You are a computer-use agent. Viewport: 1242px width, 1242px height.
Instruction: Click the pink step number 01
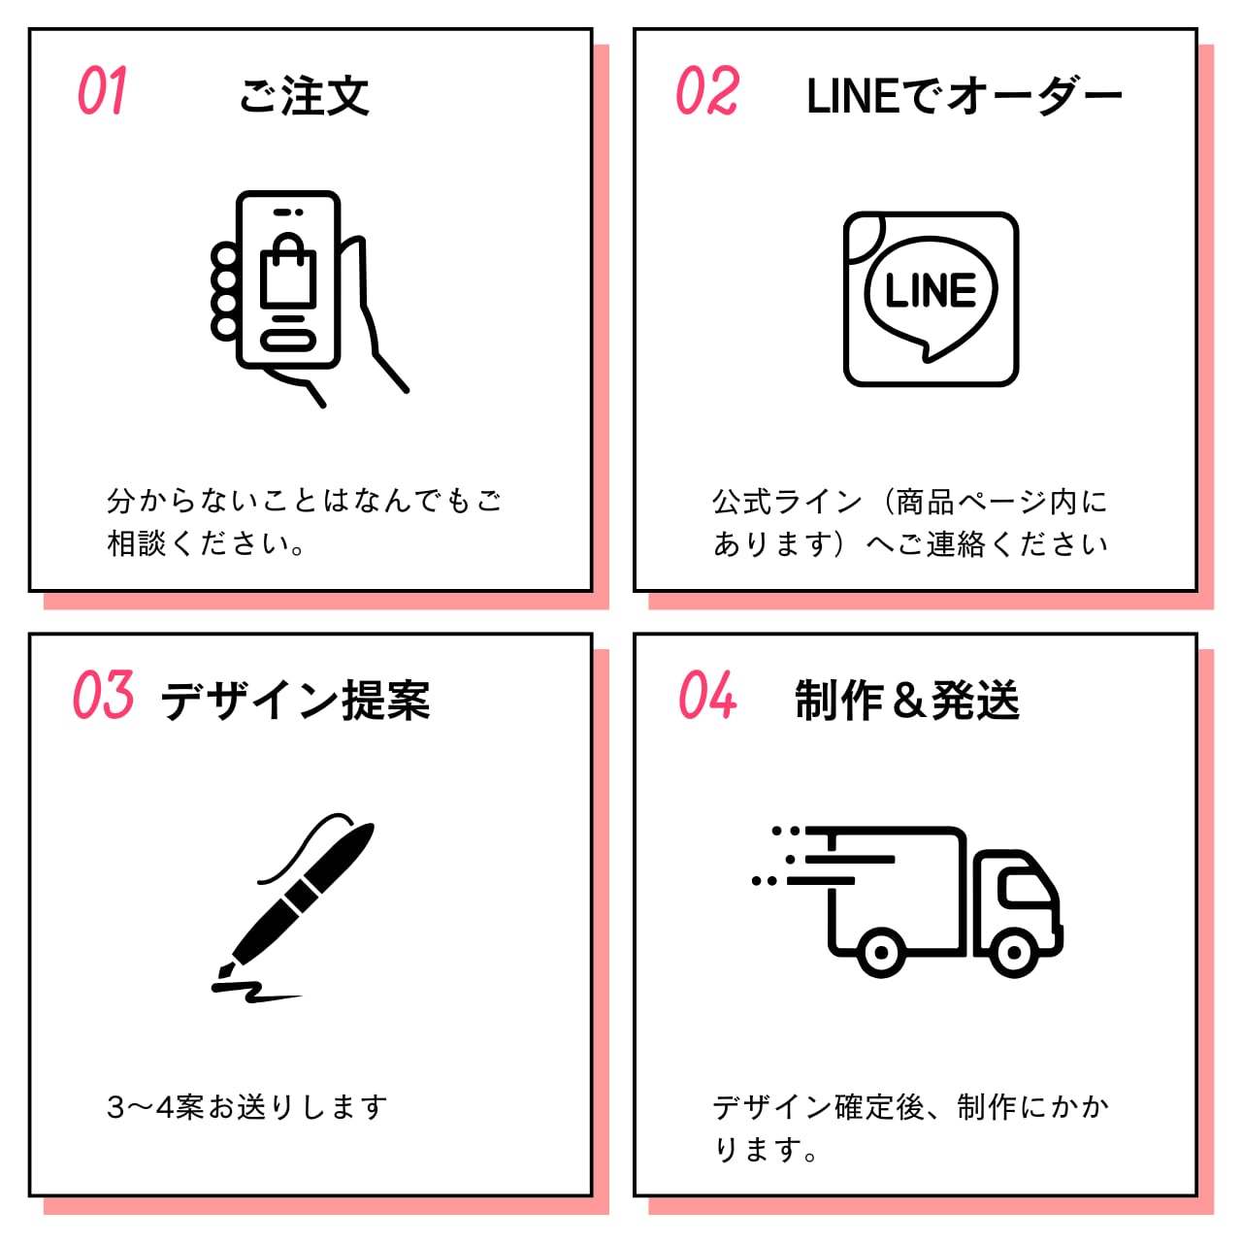pos(102,92)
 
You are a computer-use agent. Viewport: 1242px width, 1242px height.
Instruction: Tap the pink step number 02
pos(707,92)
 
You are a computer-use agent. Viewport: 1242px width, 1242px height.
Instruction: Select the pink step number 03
pos(103,696)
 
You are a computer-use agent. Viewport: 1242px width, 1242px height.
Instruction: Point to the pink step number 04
pos(707,696)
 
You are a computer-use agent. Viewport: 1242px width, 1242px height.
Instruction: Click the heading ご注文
pos(304,96)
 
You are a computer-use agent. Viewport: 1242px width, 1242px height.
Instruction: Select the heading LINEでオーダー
pos(964,96)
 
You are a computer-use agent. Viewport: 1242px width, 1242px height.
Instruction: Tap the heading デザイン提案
pos(295,701)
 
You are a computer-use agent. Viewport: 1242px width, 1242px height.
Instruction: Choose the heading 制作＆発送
pos(907,701)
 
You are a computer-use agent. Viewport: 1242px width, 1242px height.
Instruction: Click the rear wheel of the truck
pos(881,952)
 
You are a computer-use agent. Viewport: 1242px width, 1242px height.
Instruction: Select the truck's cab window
pos(1025,887)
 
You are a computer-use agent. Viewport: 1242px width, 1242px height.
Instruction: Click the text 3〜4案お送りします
pos(247,1107)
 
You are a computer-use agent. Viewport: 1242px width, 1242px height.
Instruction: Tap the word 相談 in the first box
pos(137,543)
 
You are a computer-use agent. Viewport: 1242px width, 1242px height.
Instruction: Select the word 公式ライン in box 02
pos(787,502)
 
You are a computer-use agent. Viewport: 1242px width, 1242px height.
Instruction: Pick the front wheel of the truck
pos(1014,952)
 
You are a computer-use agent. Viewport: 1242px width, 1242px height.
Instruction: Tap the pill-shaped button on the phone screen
pos(288,341)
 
